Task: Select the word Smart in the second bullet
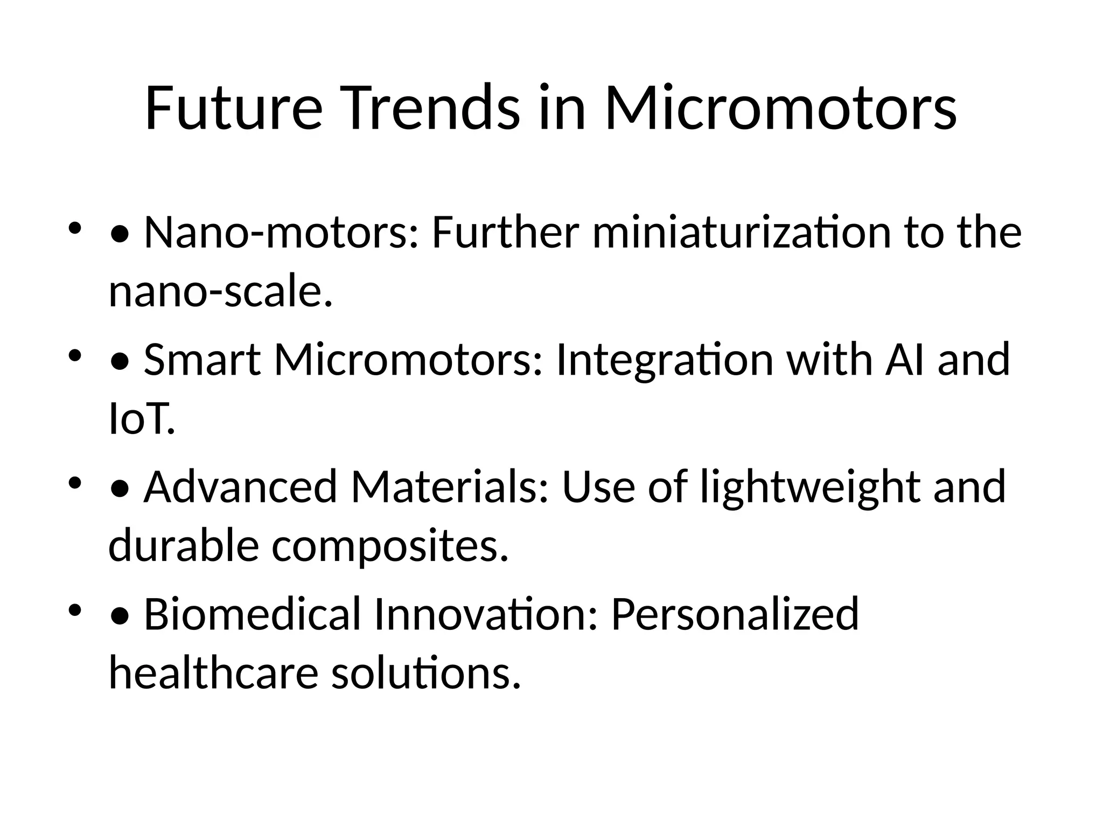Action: click(203, 360)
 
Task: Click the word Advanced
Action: click(240, 487)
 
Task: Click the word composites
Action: click(390, 546)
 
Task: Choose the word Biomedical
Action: click(252, 614)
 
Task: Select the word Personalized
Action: click(735, 614)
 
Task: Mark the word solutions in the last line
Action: click(426, 674)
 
